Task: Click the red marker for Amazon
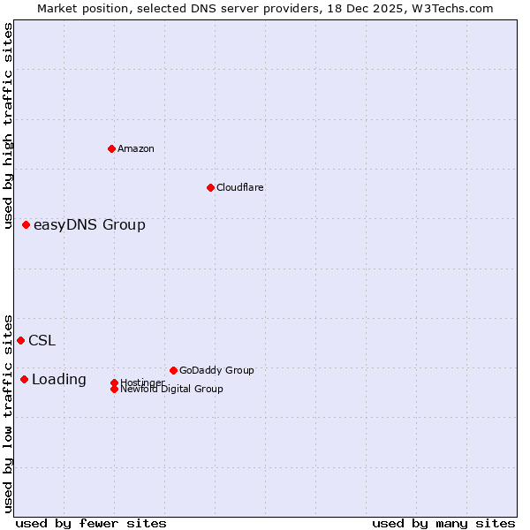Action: point(111,148)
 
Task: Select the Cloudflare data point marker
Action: point(210,187)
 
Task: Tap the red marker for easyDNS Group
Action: point(26,225)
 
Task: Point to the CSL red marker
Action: point(21,340)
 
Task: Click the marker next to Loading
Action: point(25,379)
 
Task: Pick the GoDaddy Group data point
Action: point(173,370)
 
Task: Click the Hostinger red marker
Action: point(114,382)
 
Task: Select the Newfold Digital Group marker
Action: point(115,389)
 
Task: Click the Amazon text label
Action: point(136,148)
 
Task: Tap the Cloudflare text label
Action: point(239,187)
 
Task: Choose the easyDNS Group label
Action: point(89,225)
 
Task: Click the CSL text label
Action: point(42,341)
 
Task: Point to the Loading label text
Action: point(59,380)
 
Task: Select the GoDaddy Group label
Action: point(216,370)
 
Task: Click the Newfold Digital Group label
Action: point(171,389)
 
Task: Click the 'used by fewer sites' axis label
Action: point(91,523)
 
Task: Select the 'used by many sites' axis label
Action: point(443,523)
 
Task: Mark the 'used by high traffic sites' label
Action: point(8,125)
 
